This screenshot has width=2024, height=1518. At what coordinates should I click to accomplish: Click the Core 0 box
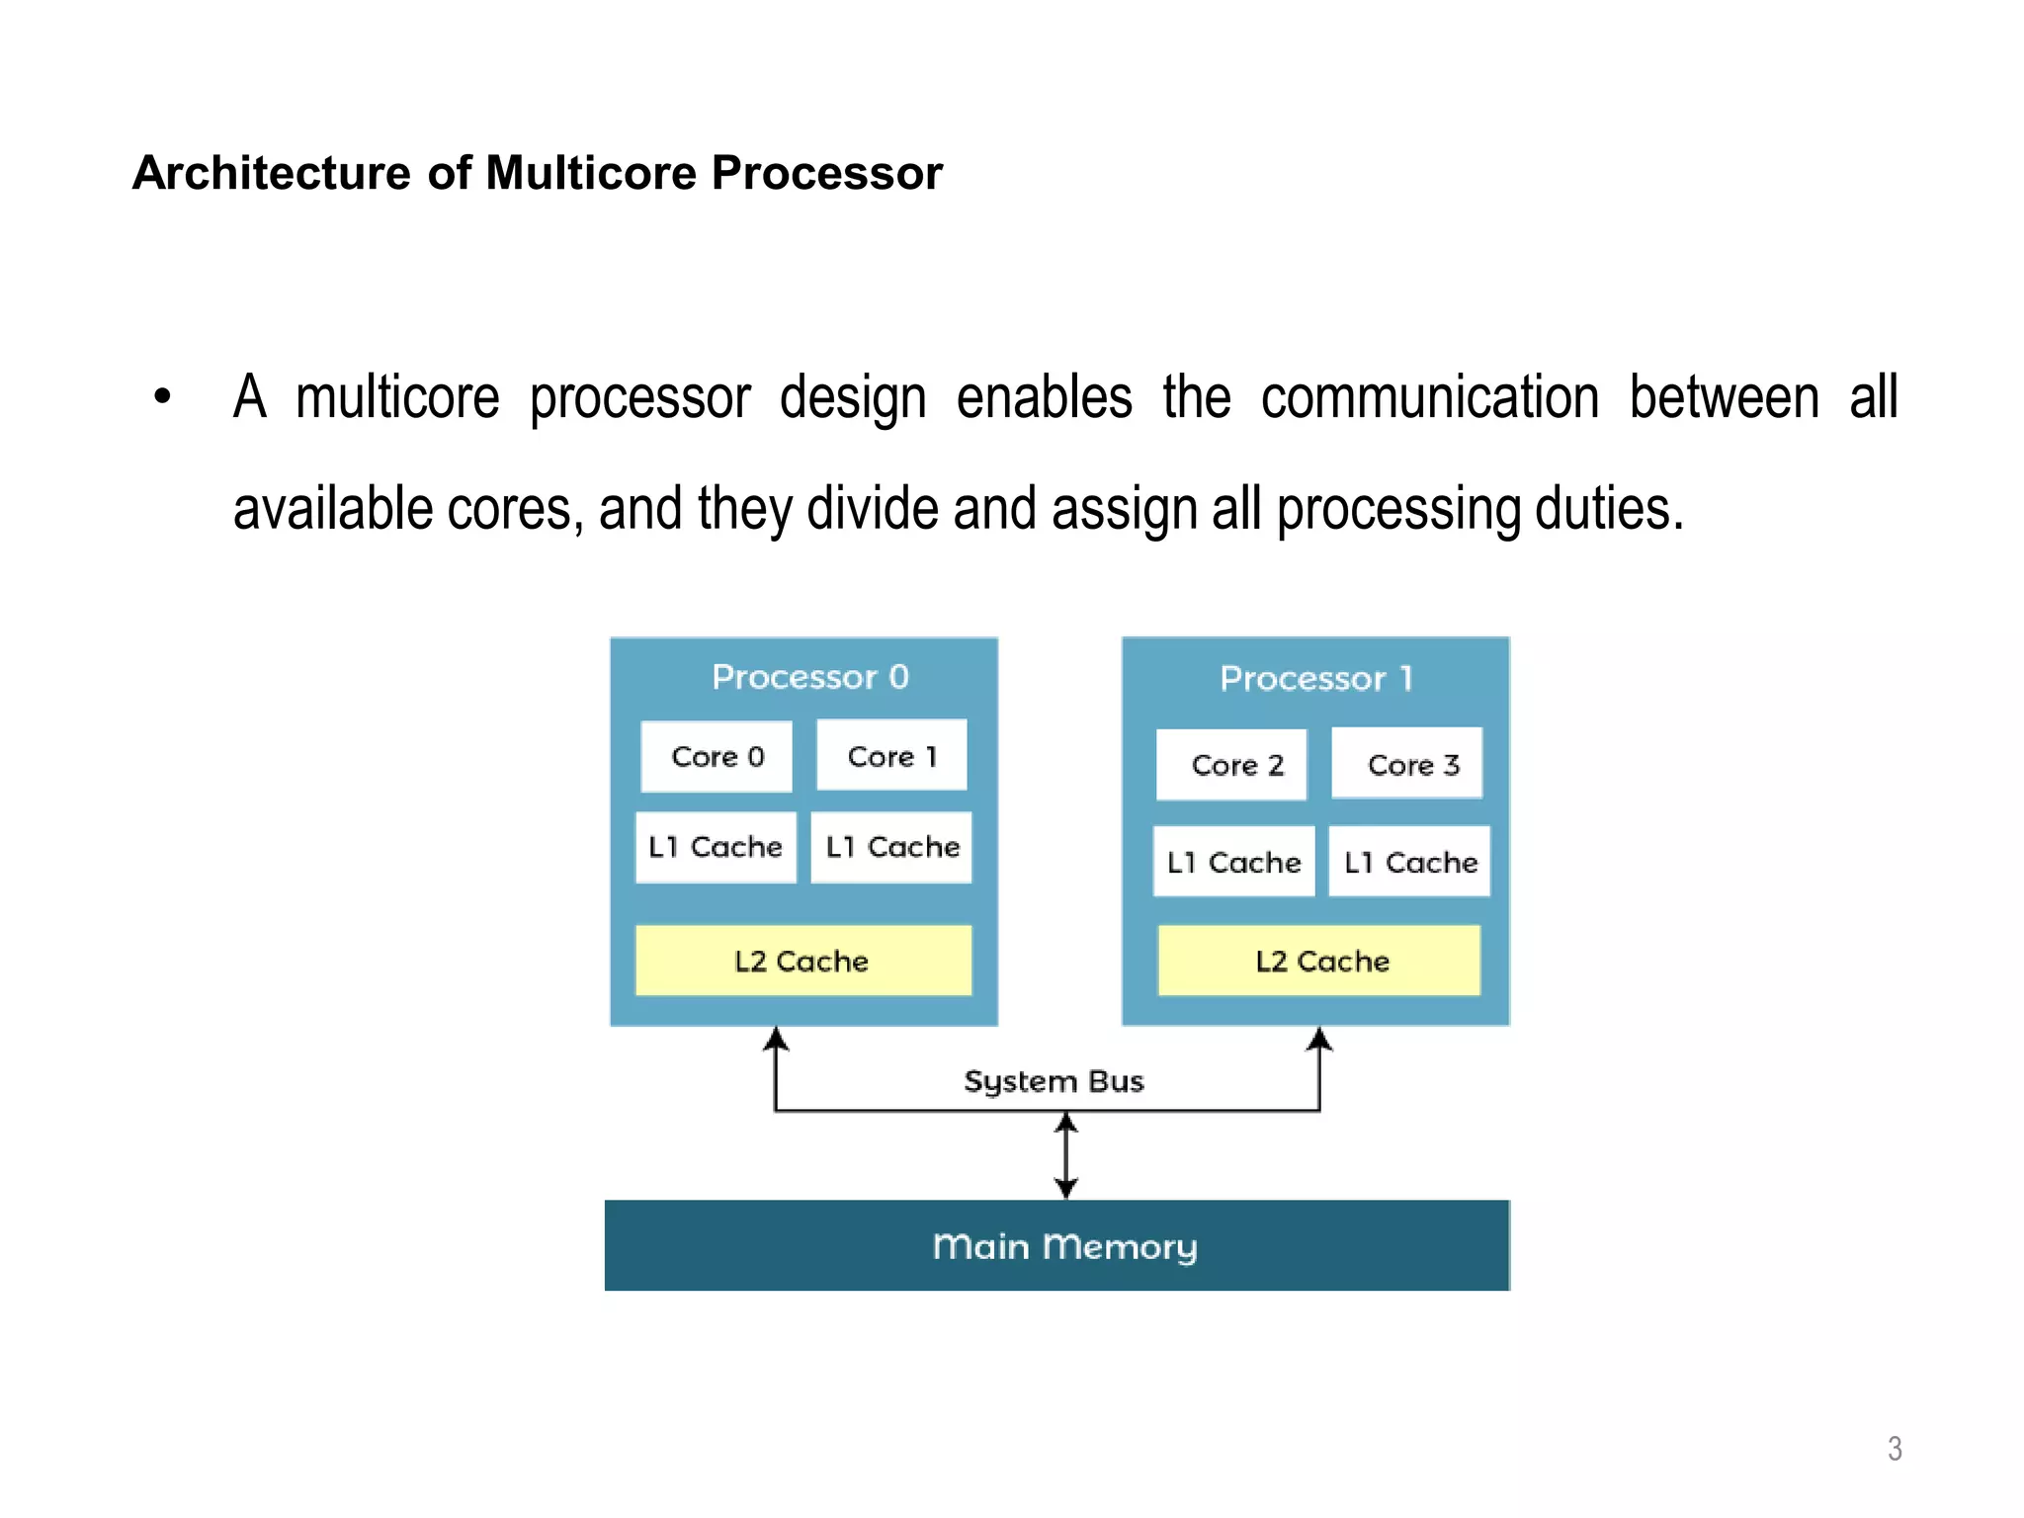[717, 757]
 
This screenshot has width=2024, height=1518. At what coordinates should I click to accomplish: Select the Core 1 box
[891, 756]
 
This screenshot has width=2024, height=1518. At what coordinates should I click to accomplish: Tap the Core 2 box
[1232, 765]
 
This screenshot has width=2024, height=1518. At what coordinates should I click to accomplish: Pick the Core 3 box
[1407, 764]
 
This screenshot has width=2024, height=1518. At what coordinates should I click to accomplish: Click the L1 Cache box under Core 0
[716, 847]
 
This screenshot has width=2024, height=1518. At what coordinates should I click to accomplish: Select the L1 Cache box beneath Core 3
[1409, 862]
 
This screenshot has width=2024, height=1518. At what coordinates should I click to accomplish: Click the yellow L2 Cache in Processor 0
[802, 961]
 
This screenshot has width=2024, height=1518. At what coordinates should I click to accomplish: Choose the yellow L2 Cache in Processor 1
[1319, 961]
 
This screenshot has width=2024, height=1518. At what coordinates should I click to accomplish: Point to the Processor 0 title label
[809, 677]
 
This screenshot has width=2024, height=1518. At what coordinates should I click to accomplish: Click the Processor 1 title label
[1315, 679]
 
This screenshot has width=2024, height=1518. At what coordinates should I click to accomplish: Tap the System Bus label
[1054, 1081]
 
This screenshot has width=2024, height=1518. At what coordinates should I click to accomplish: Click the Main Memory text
[1064, 1246]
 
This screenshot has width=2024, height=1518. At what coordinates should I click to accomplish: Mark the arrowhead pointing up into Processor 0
[777, 1039]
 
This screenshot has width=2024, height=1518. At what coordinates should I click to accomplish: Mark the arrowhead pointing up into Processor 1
[1319, 1039]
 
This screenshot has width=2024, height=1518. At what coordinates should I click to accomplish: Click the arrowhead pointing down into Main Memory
[1065, 1189]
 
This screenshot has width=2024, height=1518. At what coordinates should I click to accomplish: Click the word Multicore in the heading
[593, 173]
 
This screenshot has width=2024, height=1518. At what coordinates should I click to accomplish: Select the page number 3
[1894, 1449]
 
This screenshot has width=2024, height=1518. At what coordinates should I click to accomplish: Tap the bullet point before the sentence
[163, 397]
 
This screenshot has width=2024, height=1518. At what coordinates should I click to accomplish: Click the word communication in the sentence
[1429, 398]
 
